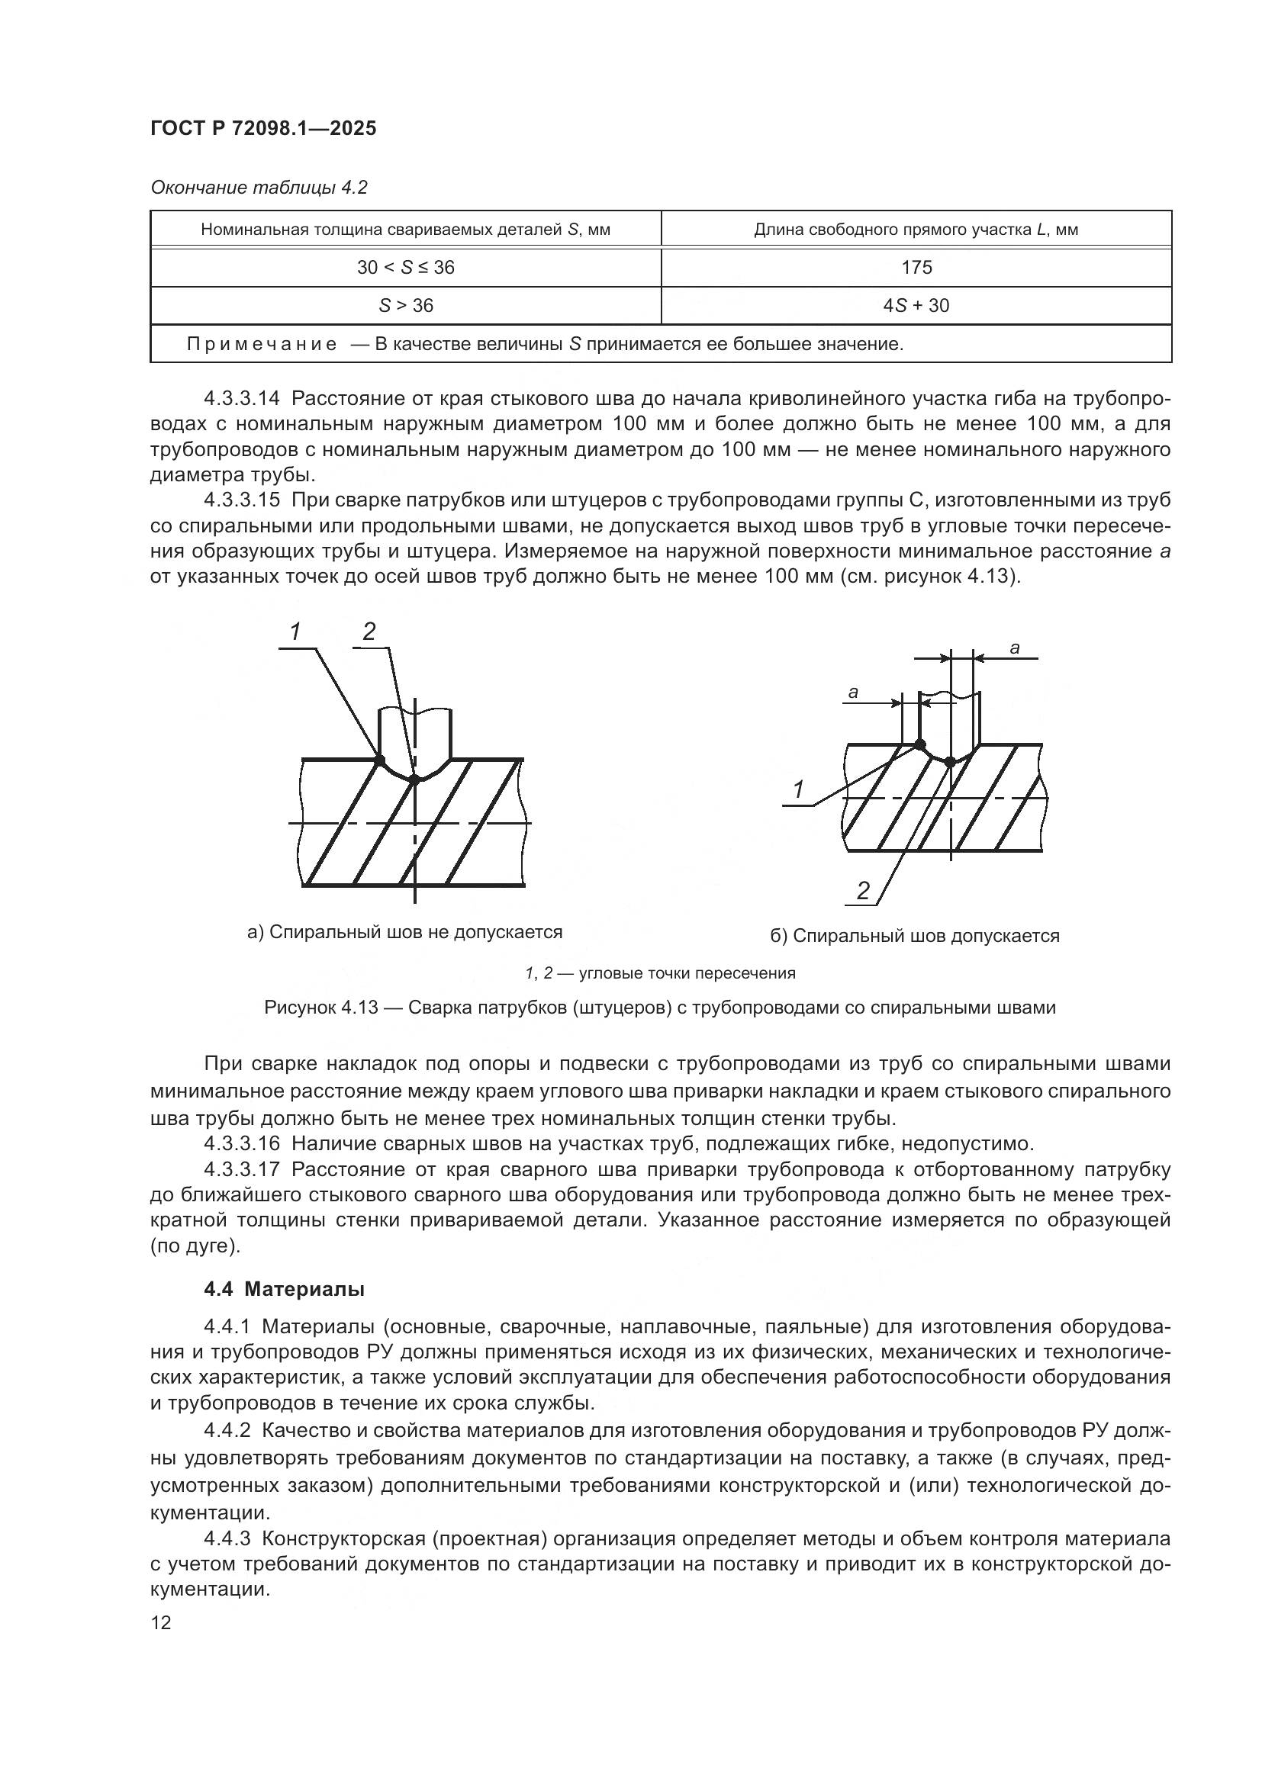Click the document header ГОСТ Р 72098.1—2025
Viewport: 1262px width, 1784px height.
263,129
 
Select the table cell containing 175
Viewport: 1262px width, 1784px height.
916,267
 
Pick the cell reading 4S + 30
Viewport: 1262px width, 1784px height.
916,305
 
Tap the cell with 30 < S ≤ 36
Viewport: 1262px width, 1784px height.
406,267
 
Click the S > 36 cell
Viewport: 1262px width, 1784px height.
406,305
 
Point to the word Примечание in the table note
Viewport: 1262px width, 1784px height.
262,344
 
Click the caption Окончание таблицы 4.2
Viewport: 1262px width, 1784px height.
259,188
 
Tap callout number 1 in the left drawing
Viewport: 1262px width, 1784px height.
295,632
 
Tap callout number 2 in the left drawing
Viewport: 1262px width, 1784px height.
369,632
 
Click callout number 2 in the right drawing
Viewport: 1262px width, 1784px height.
863,891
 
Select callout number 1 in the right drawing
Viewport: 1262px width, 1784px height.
798,789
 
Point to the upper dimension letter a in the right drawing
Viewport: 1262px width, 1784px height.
1014,648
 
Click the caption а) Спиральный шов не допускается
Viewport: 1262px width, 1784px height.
404,931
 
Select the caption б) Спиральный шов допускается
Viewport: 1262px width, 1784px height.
915,936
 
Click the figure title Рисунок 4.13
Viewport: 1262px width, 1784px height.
321,1008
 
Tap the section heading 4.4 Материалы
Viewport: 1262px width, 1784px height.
285,1290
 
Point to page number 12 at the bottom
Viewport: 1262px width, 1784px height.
161,1623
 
